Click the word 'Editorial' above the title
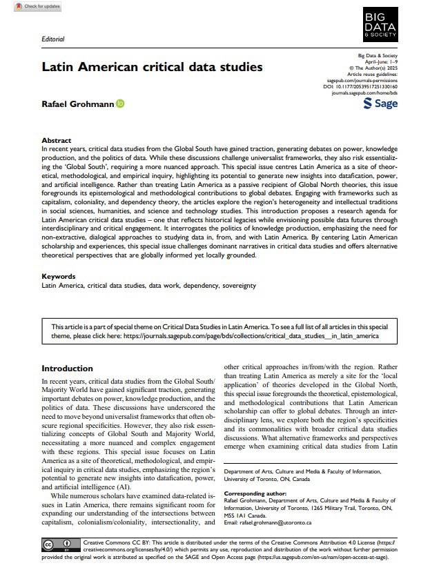coord(52,40)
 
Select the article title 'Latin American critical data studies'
coord(142,68)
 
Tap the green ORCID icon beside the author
coord(120,104)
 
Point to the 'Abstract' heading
coord(57,140)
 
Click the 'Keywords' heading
coord(58,276)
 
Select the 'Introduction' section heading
coord(67,369)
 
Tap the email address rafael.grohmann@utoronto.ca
coord(279,522)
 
